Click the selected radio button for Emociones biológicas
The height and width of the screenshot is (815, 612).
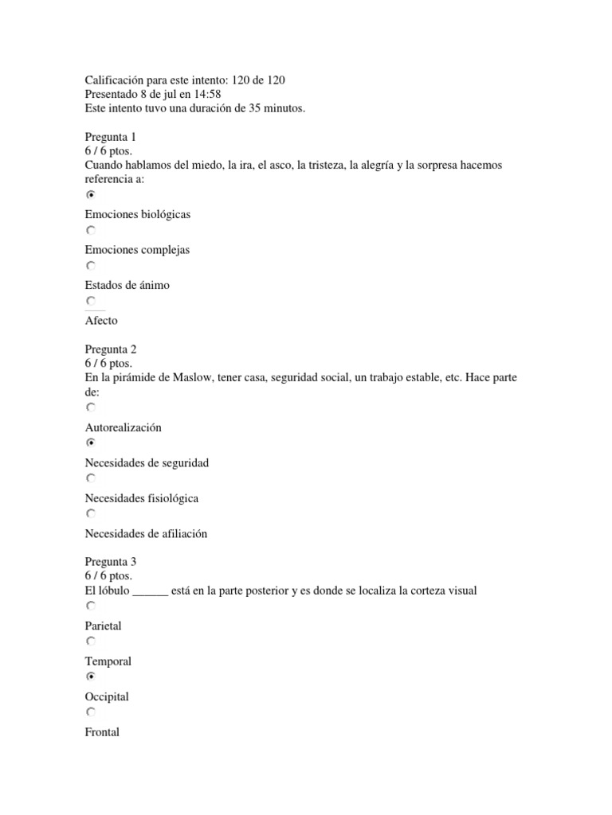point(91,194)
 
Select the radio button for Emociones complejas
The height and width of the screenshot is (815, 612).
point(91,230)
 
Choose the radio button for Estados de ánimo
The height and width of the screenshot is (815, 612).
point(91,266)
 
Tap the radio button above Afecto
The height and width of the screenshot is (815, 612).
point(91,301)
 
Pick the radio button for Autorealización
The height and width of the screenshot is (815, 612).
point(91,407)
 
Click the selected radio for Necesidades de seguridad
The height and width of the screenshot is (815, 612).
point(91,443)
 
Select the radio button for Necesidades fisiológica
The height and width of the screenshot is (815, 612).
point(91,478)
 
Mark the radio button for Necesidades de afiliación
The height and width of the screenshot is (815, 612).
point(91,514)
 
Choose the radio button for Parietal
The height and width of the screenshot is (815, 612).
point(91,606)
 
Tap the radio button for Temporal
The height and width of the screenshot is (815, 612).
point(91,641)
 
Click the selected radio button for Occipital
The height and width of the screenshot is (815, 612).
point(91,677)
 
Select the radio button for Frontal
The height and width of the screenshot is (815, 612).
point(91,712)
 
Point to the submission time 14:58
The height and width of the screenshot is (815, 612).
point(206,94)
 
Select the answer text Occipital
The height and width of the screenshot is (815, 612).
point(107,697)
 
